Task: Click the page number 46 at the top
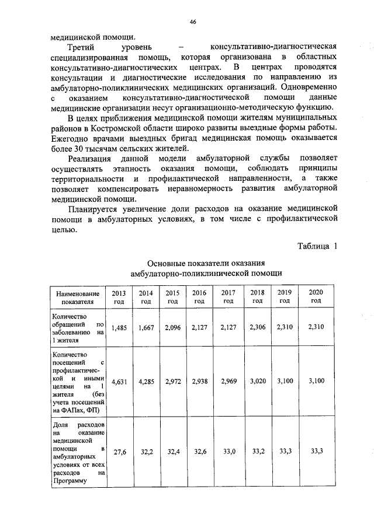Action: tap(192, 22)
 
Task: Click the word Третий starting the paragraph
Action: tap(83, 46)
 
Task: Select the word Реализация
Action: tap(90, 159)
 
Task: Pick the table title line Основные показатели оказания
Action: tap(206, 263)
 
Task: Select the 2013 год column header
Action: tap(119, 296)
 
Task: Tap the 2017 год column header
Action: tap(228, 296)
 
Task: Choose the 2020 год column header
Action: tap(316, 296)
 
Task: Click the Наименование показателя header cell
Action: tap(77, 297)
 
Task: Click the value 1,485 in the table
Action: tap(119, 328)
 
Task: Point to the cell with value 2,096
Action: tap(172, 328)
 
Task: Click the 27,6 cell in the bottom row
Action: tap(119, 452)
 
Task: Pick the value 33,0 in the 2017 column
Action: tap(228, 452)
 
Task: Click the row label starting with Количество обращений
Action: tap(77, 328)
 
